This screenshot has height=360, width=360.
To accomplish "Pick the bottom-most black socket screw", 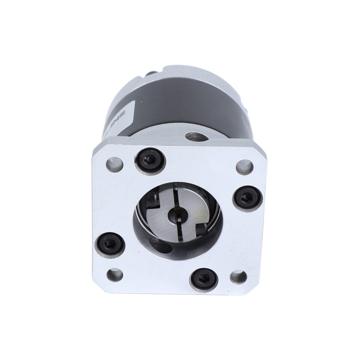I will tap(203, 279).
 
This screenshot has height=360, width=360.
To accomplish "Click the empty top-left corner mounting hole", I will tap(114, 164).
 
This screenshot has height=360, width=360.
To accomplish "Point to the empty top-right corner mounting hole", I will tap(244, 167).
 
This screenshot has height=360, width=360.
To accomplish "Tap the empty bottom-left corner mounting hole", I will tap(115, 274).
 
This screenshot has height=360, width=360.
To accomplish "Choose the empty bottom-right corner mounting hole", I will tap(238, 276).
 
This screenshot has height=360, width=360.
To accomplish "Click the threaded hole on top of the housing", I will tap(194, 136).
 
